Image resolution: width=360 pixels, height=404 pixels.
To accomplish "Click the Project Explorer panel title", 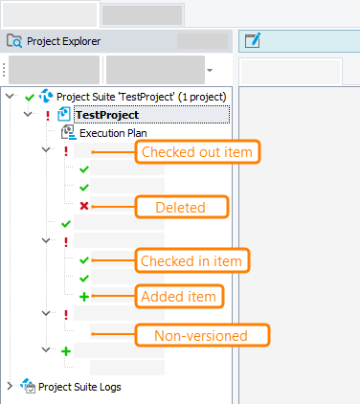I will point(63,41).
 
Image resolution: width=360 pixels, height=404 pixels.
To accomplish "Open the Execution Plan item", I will point(113,133).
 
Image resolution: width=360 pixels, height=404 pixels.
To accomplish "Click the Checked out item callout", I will point(199,151).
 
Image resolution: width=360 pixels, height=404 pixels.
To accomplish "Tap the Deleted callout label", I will point(181,206).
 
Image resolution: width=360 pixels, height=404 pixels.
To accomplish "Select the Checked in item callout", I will point(195,260).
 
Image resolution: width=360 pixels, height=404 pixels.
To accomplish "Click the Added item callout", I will point(179,297).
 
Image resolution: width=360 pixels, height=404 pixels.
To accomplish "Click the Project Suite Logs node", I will point(80,387).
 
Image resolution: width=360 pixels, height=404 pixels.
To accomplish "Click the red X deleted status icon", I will point(84,206).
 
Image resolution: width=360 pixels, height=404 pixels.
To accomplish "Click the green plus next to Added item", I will point(84,297).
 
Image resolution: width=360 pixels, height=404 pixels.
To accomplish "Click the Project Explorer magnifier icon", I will point(14,41).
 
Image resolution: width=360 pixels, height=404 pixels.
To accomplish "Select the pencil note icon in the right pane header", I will point(253,40).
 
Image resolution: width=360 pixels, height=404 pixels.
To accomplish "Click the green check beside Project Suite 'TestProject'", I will point(29,97).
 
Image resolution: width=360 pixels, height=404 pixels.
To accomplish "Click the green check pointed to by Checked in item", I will point(84,260).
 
